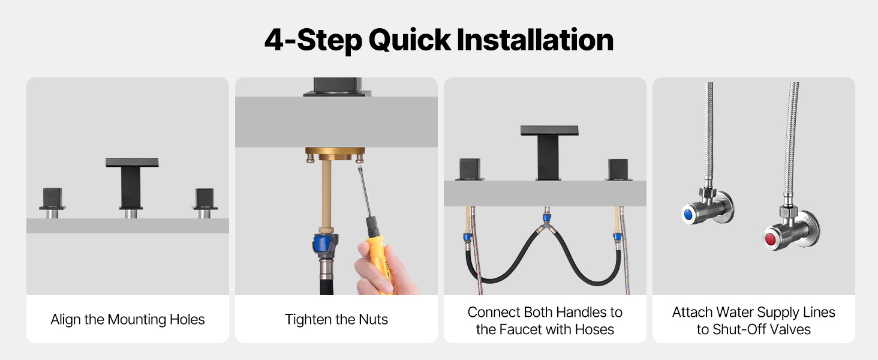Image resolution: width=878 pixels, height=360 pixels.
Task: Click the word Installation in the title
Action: [x=535, y=40]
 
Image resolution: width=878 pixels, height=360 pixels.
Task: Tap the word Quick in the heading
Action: [x=410, y=41]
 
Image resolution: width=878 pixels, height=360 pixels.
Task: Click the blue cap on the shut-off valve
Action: [x=688, y=214]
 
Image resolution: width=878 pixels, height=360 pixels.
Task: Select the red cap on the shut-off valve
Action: [x=770, y=239]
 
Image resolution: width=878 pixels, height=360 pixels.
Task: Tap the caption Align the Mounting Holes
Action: [x=128, y=320]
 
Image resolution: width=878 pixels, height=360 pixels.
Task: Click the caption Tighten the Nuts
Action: [x=336, y=320]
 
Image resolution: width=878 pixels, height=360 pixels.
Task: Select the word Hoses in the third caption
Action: [x=594, y=329]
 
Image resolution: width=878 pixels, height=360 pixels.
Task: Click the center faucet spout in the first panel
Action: [x=132, y=186]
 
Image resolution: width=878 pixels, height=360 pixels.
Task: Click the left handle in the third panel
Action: [x=470, y=169]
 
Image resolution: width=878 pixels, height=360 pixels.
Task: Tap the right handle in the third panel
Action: [x=618, y=170]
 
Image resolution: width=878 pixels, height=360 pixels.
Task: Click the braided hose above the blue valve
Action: [x=708, y=133]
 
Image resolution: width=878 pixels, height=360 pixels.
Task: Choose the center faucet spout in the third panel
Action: [x=549, y=153]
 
